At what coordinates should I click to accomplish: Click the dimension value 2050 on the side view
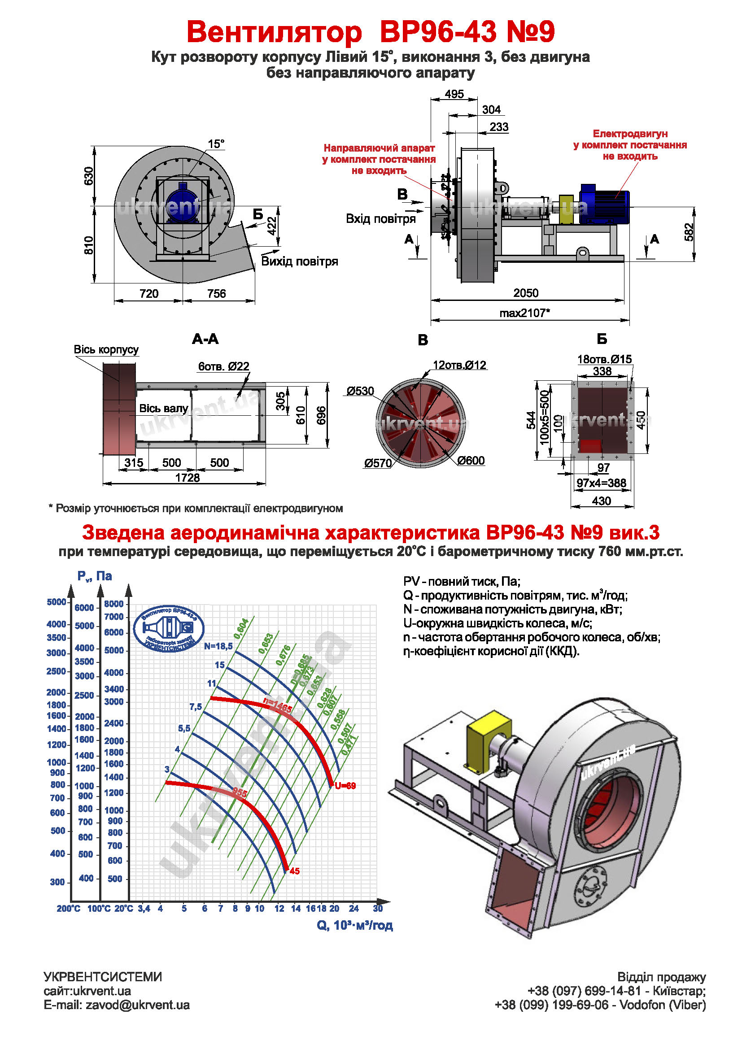525,293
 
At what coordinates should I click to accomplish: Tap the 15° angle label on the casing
216,144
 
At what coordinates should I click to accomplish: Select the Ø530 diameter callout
360,391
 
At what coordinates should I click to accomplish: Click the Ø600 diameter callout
471,461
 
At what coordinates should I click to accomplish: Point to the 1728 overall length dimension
188,478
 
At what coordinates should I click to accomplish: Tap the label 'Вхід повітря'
380,219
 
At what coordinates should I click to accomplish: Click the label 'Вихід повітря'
299,261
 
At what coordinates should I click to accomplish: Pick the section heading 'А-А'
205,339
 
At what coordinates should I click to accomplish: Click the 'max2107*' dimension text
524,313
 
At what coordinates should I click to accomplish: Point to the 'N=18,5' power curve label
218,646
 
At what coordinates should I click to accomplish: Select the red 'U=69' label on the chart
345,786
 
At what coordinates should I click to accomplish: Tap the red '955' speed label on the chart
240,792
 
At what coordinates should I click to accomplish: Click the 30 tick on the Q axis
378,909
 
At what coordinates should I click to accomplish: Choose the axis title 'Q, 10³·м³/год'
354,925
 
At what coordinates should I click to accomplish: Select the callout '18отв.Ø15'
604,359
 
